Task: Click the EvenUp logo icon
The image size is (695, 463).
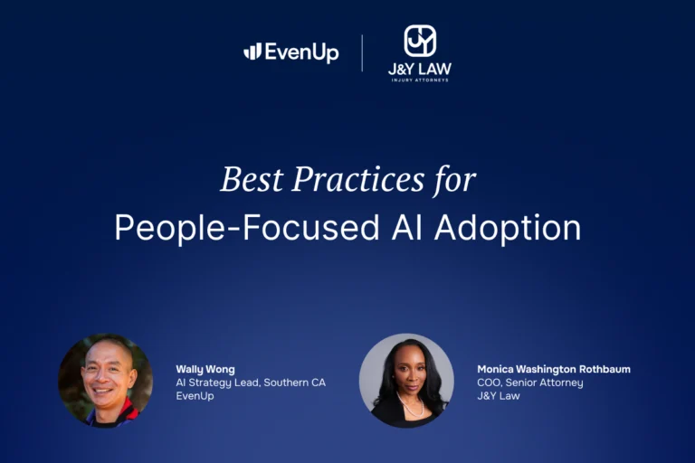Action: tap(252, 52)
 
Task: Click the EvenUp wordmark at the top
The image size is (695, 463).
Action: tap(301, 52)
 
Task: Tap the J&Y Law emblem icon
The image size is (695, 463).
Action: tap(419, 41)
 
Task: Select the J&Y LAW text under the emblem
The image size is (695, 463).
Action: tap(419, 69)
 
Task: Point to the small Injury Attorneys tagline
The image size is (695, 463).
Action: tap(419, 80)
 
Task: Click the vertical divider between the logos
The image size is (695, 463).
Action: tap(362, 52)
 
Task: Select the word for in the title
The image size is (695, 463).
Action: tap(453, 179)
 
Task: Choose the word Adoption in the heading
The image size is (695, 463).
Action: tap(508, 227)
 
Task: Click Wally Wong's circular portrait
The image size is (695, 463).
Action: tap(105, 381)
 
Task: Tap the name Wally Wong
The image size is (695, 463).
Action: tap(205, 369)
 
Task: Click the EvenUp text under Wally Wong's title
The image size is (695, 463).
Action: tap(195, 396)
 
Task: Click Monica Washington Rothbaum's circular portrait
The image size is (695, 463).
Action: tap(406, 381)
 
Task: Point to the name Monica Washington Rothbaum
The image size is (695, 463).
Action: tap(554, 369)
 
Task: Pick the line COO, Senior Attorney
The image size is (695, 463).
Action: tap(530, 383)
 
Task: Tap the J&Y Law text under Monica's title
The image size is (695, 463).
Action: tap(499, 396)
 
